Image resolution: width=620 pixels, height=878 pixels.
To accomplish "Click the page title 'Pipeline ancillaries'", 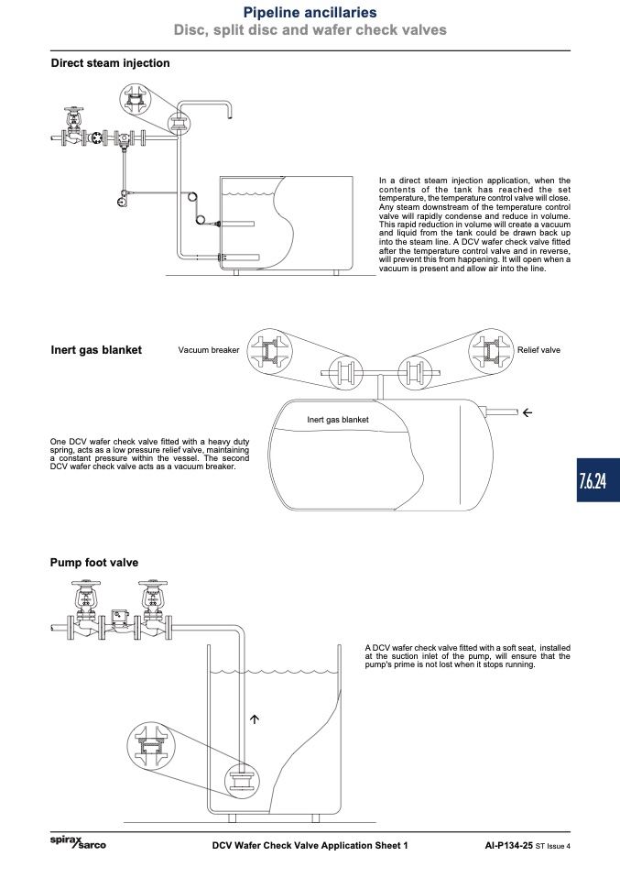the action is [310, 12].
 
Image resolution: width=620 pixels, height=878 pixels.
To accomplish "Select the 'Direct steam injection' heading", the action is [110, 63].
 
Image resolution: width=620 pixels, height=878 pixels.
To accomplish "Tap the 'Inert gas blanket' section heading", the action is [96, 350].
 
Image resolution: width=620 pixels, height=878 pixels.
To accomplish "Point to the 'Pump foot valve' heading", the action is [94, 563].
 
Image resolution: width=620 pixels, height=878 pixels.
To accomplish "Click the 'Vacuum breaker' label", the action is [209, 350].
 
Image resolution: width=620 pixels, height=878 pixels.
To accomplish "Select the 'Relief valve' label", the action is [538, 350].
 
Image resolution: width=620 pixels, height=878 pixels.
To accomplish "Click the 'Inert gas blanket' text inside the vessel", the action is [337, 420].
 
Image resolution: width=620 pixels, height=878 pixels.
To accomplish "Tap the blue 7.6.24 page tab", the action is [598, 480].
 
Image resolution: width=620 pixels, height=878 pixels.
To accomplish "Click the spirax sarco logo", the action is [78, 842].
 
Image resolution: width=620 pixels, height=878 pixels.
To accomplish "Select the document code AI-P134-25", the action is [508, 846].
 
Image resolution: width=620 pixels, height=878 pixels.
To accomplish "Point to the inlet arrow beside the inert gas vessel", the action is [528, 412].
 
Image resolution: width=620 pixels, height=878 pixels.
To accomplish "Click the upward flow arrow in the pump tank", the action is [255, 719].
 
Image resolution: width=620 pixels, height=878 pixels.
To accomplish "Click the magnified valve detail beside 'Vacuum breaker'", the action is [270, 352].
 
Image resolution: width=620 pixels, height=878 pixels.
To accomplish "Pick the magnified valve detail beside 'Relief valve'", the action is [491, 352].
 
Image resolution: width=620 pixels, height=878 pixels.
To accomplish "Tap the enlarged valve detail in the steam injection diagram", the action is [136, 100].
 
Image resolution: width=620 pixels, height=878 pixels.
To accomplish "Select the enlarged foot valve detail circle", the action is [150, 746].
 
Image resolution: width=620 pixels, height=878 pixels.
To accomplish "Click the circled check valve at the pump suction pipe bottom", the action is [243, 781].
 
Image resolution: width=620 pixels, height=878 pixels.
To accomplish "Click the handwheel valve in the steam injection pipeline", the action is [73, 126].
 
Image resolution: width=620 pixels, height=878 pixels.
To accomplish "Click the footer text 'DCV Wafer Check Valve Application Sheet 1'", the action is [310, 846].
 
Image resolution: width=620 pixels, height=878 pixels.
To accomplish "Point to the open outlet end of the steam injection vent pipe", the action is [230, 117].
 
